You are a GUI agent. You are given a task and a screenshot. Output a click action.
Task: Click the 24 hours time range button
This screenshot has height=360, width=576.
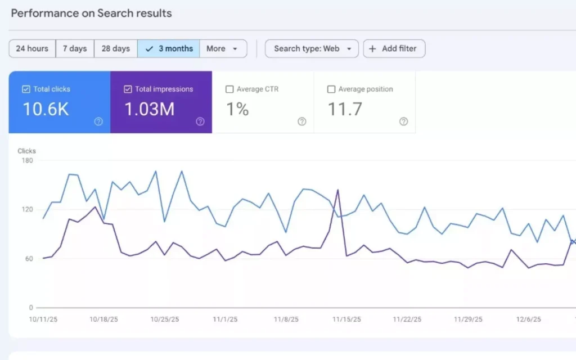32,48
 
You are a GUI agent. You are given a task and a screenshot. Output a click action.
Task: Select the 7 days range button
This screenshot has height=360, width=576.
75,48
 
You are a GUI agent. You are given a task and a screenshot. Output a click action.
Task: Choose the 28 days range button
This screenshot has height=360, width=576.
115,48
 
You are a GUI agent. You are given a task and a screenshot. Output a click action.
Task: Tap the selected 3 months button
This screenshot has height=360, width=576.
169,48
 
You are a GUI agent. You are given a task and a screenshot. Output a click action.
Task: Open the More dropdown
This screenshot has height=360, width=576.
223,48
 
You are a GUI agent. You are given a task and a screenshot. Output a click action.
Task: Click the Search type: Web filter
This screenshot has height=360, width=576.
312,48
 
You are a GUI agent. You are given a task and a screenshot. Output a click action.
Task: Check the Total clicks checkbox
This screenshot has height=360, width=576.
26,89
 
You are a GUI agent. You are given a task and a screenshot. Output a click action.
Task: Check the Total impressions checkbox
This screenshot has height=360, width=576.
128,89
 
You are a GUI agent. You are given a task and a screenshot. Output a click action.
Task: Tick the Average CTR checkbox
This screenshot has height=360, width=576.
229,89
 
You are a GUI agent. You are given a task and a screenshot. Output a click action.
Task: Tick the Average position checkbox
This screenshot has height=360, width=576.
331,89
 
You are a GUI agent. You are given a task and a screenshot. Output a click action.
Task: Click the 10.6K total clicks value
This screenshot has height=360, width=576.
46,109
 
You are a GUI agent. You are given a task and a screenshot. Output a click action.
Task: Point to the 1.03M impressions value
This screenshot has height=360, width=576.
149,109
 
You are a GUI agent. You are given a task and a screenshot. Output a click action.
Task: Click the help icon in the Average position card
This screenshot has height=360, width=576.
403,121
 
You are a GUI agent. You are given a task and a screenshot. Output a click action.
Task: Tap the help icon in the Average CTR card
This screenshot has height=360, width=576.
301,121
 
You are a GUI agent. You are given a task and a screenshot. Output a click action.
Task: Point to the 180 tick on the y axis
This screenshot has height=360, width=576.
27,160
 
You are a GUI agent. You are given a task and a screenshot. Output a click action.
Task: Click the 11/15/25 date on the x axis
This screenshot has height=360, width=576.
346,319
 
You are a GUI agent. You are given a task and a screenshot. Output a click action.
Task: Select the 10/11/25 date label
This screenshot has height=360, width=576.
43,319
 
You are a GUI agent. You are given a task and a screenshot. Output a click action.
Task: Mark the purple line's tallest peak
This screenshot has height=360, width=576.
337,190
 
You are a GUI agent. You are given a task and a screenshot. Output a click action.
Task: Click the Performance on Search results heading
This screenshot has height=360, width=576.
91,13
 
